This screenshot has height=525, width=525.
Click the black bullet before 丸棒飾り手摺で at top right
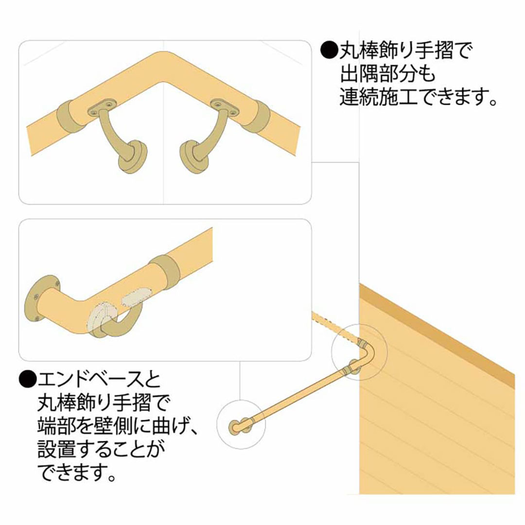[x=330, y=50]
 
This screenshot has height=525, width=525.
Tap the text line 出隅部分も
[x=387, y=74]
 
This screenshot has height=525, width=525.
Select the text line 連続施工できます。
[x=418, y=97]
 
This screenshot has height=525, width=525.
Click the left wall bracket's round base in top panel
[x=133, y=157]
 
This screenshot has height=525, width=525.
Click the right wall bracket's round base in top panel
[x=194, y=157]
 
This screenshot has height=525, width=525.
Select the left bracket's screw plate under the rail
[x=102, y=107]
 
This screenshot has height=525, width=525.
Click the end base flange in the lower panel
[x=39, y=297]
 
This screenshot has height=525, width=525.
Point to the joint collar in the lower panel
[x=164, y=272]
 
